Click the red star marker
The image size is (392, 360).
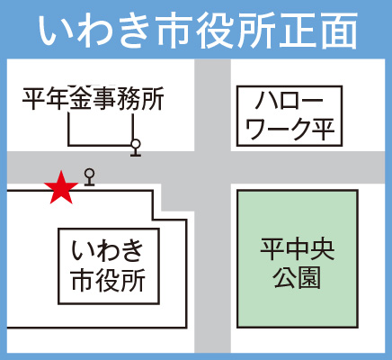(61, 189)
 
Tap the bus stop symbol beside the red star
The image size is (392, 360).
(89, 177)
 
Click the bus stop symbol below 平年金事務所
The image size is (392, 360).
(136, 148)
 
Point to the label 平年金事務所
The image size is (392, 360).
(94, 98)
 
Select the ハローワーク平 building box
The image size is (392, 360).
(290, 116)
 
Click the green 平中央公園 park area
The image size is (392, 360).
(298, 258)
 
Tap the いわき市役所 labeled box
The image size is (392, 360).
(109, 266)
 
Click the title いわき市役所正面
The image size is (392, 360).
(198, 30)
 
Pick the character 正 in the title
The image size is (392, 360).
(296, 30)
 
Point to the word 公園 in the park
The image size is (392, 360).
(297, 277)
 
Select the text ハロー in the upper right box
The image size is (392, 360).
(290, 101)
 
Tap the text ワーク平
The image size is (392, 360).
(290, 130)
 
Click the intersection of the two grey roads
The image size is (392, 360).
(213, 167)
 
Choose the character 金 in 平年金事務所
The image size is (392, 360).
(82, 98)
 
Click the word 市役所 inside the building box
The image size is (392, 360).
(109, 280)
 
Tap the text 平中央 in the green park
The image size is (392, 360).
(297, 250)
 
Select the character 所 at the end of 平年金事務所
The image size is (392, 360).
(153, 98)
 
